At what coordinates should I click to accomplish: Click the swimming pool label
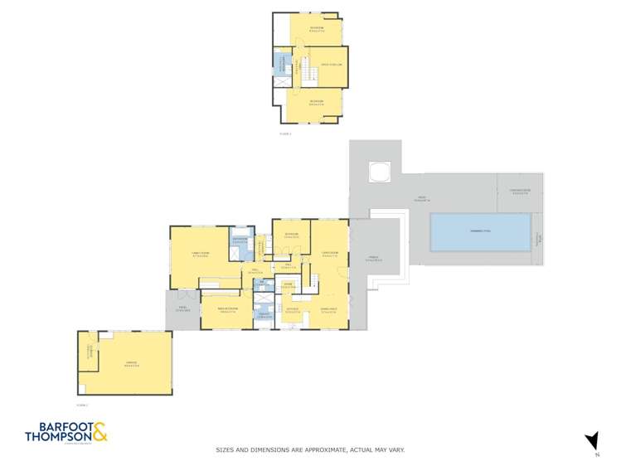pos(481,231)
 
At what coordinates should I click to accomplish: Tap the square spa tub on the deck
pos(380,173)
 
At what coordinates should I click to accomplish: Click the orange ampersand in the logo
pos(99,431)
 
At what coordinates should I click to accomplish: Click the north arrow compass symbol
pos(591,441)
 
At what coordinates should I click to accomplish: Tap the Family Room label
pos(200,255)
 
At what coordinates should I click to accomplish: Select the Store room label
pos(288,286)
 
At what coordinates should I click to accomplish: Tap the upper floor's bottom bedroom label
pos(315,104)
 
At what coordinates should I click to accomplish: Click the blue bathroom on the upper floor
pos(281,64)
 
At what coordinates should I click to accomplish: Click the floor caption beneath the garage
pos(81,405)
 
